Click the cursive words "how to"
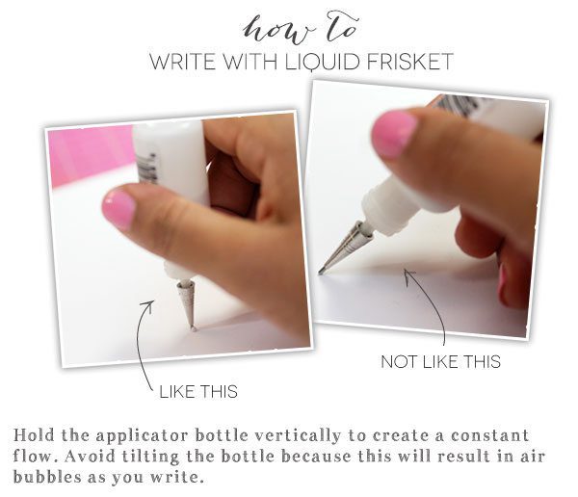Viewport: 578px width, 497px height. click(301, 28)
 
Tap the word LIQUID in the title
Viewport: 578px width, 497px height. click(323, 62)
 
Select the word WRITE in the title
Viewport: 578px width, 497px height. click(183, 62)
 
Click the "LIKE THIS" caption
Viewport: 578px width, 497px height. click(198, 392)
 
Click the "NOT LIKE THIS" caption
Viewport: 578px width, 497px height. click(441, 362)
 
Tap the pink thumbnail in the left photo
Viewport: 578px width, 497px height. click(118, 209)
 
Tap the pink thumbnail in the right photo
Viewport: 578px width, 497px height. click(393, 134)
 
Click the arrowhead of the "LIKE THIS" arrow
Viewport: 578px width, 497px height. click(149, 305)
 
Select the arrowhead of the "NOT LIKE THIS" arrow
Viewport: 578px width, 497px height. click(408, 275)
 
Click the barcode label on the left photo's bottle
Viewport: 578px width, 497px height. click(148, 168)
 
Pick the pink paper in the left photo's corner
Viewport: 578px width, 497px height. click(91, 153)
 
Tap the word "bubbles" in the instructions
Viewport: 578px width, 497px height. click(47, 477)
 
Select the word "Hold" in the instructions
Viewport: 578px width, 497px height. click(34, 435)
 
